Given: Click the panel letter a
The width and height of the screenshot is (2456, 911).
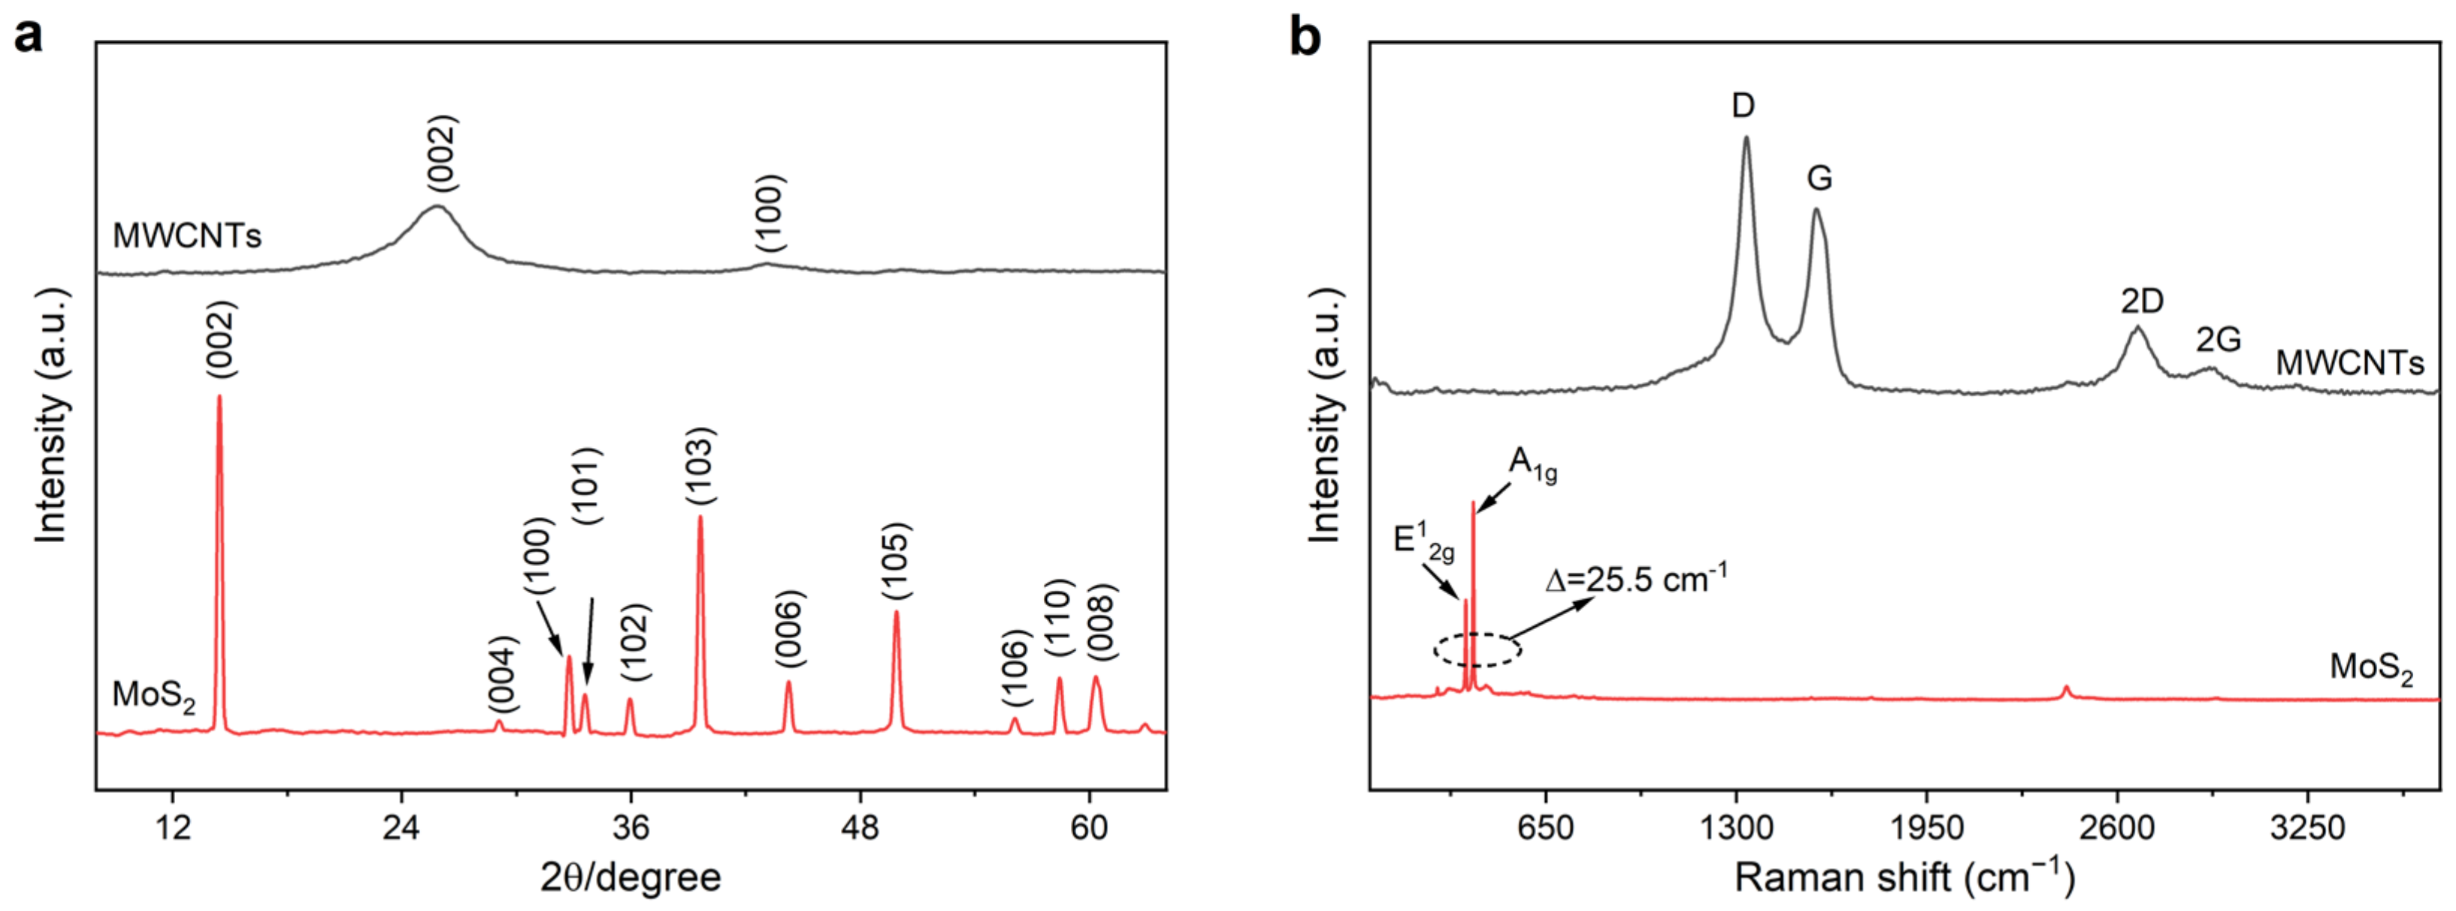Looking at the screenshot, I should tap(29, 38).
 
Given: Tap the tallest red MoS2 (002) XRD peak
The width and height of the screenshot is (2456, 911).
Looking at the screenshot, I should tap(219, 398).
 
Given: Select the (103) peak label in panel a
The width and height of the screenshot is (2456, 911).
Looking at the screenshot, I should tap(700, 468).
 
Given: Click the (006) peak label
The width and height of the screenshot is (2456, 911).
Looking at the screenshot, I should tap(789, 628).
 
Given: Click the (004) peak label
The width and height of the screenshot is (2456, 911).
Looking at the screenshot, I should tap(503, 674).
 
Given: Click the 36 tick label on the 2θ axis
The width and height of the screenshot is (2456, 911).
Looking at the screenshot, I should tap(631, 827).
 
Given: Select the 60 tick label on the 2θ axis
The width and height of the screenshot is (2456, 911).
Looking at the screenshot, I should tap(1089, 827).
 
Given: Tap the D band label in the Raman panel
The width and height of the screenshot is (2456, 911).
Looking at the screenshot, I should tap(1743, 106).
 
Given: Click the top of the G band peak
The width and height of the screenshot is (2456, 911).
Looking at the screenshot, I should tap(1816, 210).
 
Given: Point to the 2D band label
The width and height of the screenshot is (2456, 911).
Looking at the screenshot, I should tap(2141, 302).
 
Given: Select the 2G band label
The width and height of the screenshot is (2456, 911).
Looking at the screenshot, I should tap(2218, 340).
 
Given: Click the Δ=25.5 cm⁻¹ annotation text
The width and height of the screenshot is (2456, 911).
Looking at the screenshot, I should tap(1635, 578).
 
